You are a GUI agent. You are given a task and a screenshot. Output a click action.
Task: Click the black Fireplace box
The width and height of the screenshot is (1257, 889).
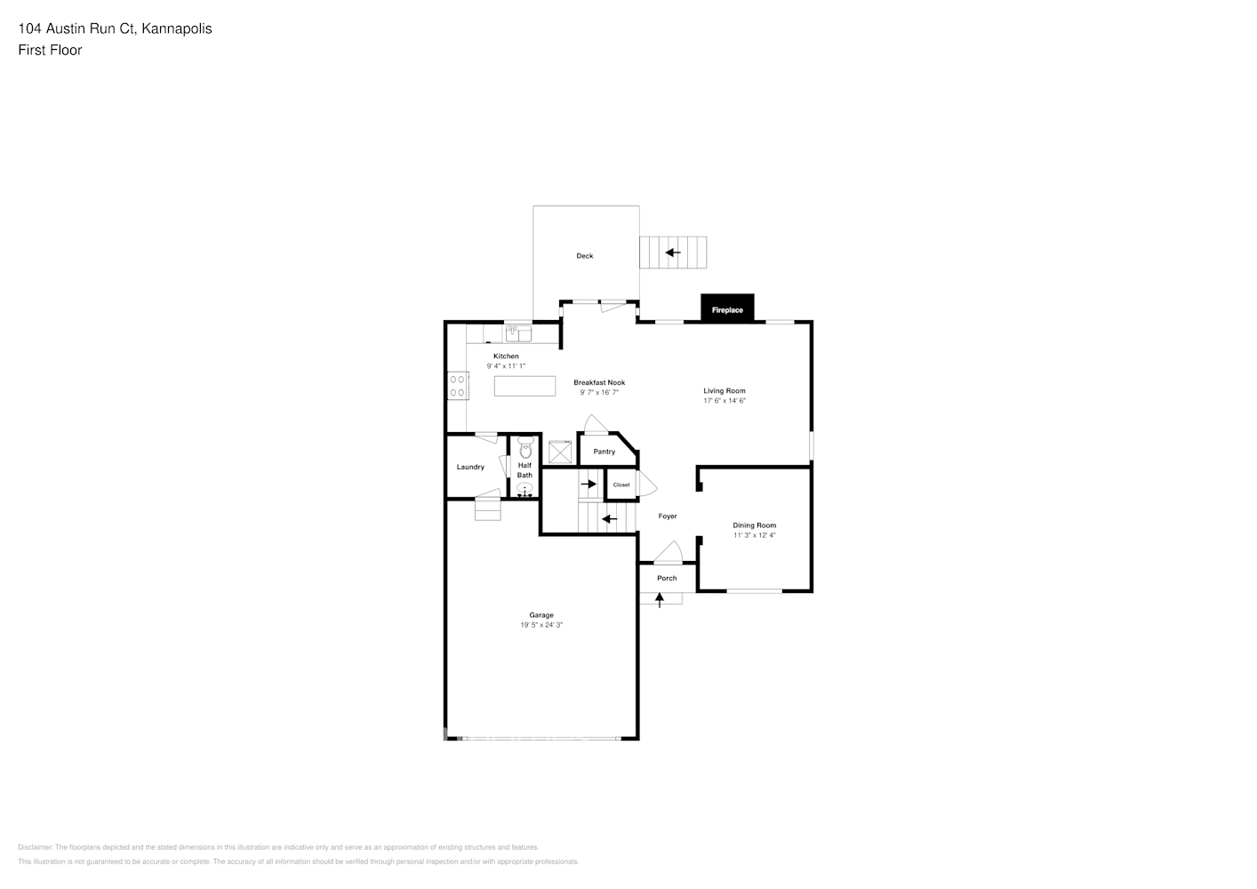pos(727,308)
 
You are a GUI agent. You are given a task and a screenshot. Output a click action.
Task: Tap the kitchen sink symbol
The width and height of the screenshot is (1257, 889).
pos(517,333)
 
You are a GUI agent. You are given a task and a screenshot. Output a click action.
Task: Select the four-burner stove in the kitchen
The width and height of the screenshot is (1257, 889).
pos(458,386)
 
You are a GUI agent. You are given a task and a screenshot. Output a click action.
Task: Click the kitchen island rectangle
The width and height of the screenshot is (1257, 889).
pos(524,385)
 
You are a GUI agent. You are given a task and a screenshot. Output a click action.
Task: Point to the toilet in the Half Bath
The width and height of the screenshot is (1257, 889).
pos(524,448)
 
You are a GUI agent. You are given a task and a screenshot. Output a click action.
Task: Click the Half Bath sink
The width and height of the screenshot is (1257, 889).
pos(524,488)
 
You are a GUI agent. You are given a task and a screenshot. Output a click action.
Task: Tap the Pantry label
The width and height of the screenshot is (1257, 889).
pos(604,452)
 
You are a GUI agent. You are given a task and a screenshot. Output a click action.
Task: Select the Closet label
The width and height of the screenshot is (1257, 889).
pos(621,485)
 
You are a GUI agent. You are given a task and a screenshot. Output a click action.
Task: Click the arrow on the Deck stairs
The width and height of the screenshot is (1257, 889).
pos(673,252)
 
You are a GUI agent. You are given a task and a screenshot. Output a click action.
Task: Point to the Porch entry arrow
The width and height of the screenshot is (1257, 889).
pos(660,599)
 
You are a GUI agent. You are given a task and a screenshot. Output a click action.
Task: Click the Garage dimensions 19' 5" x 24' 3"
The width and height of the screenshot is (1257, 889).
pos(541,625)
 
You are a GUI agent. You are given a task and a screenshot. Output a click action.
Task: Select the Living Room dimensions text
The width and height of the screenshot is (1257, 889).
pos(725,401)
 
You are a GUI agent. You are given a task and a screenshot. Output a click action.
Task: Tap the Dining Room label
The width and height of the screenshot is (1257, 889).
pos(754,525)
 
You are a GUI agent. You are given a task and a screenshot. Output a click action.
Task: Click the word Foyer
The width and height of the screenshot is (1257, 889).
pos(668,517)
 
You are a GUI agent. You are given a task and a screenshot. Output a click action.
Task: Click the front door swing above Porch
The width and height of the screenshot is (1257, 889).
pos(668,553)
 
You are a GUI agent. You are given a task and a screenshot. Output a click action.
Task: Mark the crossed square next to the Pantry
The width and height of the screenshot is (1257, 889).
pos(560,453)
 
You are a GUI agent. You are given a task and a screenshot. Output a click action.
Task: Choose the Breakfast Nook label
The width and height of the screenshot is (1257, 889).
pos(599,382)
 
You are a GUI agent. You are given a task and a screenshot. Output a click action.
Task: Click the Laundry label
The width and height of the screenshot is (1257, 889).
pos(470,467)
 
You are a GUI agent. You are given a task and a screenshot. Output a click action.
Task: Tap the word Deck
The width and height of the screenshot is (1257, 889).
pos(584,256)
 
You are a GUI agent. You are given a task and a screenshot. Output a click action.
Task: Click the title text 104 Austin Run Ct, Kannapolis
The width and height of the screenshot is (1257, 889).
pos(115,28)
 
